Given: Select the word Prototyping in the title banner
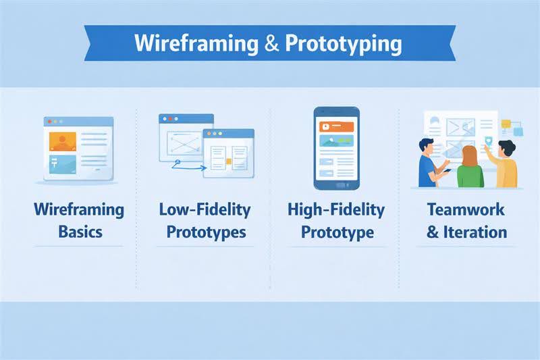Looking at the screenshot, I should coord(343,43).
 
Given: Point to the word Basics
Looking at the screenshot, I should coord(80,232).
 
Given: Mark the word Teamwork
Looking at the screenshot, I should coord(466,210).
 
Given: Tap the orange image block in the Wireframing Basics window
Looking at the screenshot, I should coord(63,141).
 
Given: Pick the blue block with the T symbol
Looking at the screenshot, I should coord(63,163).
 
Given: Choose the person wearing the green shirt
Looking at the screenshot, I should coord(470,168).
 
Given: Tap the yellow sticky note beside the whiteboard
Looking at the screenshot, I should coord(506,124).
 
